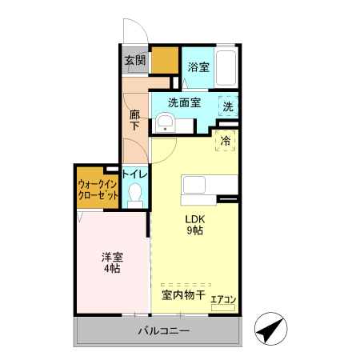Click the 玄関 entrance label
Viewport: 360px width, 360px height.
click(135, 60)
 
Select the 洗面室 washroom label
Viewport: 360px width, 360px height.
click(183, 102)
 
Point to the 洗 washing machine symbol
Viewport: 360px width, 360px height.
click(228, 106)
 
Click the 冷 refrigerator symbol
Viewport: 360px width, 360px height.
click(226, 141)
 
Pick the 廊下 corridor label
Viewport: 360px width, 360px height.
click(135, 120)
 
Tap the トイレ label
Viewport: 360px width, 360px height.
click(134, 174)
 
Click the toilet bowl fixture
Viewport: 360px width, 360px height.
click(135, 194)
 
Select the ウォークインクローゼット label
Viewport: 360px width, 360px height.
click(98, 189)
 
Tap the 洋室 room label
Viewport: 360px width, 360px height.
click(112, 257)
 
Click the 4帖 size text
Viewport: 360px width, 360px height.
click(112, 270)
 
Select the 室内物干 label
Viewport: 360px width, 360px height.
click(183, 295)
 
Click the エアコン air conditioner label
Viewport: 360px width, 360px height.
click(223, 300)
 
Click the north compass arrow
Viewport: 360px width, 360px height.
click(271, 330)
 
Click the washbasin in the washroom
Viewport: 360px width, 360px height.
click(166, 122)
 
